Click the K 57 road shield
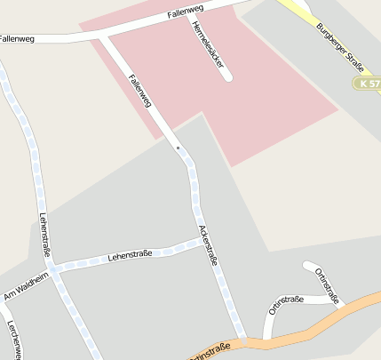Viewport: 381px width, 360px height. (x=369, y=84)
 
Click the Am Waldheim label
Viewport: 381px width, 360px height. (x=23, y=285)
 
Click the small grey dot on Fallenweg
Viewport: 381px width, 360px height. (x=178, y=147)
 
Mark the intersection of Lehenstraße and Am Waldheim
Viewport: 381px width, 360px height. (x=54, y=268)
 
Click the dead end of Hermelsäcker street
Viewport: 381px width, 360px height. (x=227, y=77)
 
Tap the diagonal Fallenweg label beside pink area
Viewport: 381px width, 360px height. (x=139, y=91)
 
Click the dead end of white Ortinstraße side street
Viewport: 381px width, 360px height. (x=307, y=265)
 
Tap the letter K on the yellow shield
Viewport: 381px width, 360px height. (x=365, y=84)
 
